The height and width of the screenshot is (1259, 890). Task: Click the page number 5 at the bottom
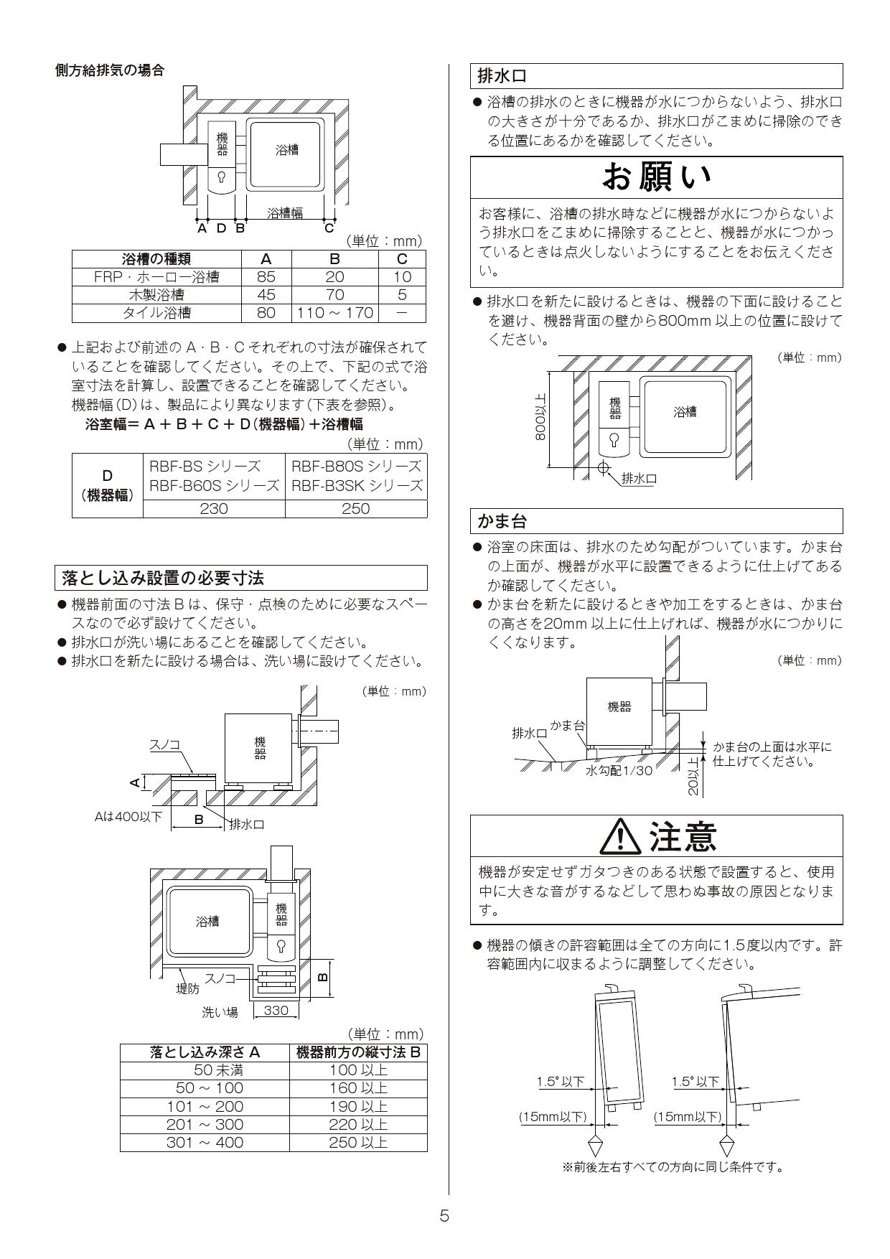click(x=444, y=1216)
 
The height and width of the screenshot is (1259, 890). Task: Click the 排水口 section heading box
click(x=656, y=75)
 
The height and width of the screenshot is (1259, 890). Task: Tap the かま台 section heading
click(x=656, y=520)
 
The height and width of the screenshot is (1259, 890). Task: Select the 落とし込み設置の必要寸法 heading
click(x=240, y=577)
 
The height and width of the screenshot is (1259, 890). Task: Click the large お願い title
click(x=656, y=177)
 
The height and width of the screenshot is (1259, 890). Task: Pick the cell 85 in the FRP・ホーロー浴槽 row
click(x=266, y=277)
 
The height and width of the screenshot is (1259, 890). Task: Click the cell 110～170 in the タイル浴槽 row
click(x=334, y=313)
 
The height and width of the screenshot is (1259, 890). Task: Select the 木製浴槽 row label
click(x=156, y=295)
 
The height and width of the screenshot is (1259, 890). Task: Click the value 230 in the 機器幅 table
click(x=214, y=509)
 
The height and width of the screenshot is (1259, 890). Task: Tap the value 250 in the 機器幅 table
click(x=356, y=509)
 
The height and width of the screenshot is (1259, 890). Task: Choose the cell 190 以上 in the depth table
click(x=358, y=1107)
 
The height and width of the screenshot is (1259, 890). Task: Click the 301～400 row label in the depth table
click(x=205, y=1143)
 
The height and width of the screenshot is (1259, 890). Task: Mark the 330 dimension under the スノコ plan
click(x=276, y=1011)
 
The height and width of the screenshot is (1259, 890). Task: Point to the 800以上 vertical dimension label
click(x=540, y=418)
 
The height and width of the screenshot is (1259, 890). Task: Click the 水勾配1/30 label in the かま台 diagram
click(x=619, y=770)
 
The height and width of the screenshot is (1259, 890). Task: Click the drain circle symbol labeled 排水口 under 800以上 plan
click(x=604, y=468)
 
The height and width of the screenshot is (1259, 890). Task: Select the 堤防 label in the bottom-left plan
click(x=188, y=989)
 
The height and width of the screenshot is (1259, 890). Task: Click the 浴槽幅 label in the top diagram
click(x=285, y=213)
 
